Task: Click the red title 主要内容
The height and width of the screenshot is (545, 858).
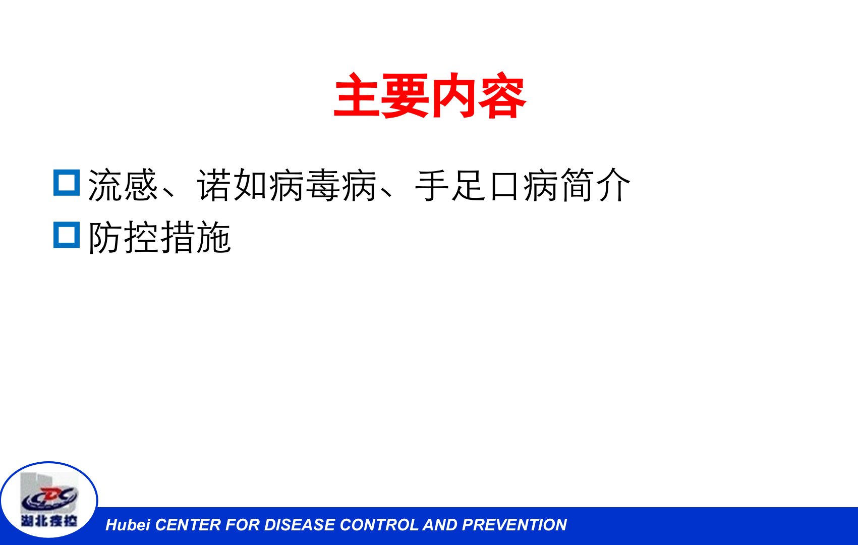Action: (430, 95)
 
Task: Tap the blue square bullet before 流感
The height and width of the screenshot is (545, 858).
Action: (67, 183)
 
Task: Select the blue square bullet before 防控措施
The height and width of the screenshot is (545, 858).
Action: (67, 235)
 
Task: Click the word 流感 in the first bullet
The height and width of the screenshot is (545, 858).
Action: (123, 185)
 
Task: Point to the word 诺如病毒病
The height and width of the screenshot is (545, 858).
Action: (287, 185)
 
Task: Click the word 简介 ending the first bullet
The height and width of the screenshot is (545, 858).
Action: (596, 185)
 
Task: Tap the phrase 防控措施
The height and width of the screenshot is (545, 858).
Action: (159, 237)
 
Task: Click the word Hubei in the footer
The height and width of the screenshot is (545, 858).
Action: (128, 525)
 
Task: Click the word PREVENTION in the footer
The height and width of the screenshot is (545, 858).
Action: (514, 525)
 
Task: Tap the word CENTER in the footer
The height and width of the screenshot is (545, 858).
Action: (188, 525)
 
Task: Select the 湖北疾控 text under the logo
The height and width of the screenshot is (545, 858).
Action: (49, 521)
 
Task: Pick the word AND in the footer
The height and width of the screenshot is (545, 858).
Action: (440, 525)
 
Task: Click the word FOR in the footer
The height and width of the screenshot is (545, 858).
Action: (243, 525)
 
